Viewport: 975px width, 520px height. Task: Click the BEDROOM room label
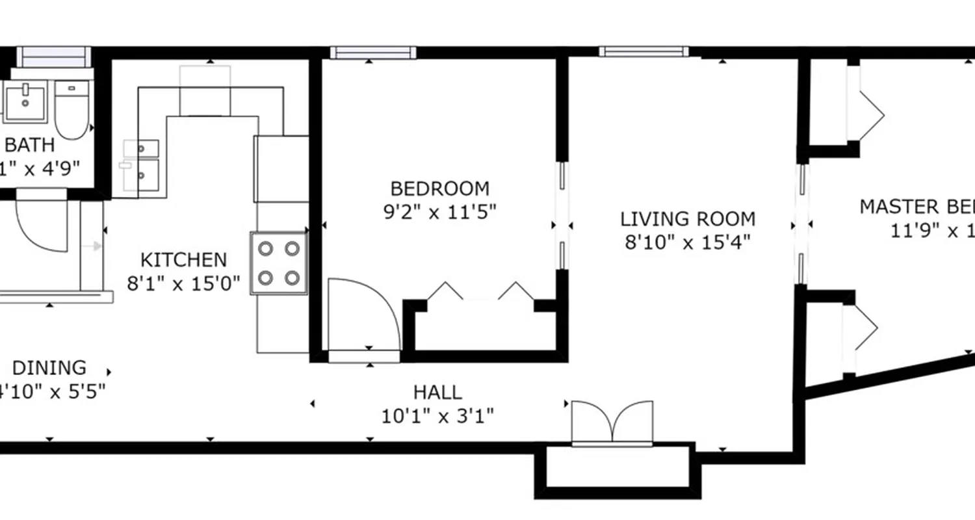coord(439,188)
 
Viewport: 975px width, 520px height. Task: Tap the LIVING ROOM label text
coord(688,218)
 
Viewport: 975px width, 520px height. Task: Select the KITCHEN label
coord(184,260)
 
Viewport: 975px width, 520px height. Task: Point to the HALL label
coord(438,392)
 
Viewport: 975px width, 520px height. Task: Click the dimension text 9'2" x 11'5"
coord(439,212)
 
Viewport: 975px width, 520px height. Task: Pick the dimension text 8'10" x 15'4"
coord(688,242)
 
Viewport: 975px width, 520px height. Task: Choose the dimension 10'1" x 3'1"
coord(438,415)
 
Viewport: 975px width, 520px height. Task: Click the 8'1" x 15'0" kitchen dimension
coord(183,283)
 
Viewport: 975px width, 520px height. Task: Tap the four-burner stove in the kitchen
coord(279,263)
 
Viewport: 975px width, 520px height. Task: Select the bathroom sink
coord(26,102)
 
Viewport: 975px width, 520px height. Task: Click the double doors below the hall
coord(612,423)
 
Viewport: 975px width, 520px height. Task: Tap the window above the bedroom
coord(372,53)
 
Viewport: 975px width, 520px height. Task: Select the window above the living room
coord(643,51)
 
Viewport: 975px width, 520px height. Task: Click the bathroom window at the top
coord(53,57)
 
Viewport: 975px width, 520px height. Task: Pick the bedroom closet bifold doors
coord(481,292)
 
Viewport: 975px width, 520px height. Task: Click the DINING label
coord(49,368)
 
